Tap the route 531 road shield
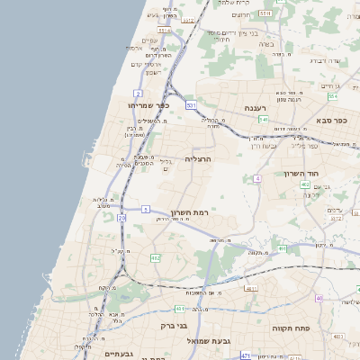click(191, 105)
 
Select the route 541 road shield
click(263, 119)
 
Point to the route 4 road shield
click(257, 179)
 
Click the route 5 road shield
click(145, 209)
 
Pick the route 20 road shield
click(121, 219)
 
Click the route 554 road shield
click(332, 96)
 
